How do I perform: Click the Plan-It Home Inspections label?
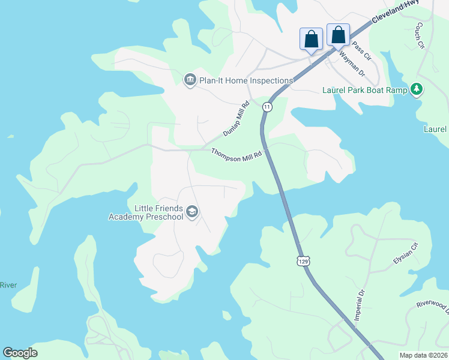(247, 80)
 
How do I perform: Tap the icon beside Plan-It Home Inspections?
(190, 80)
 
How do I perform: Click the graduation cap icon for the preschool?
(192, 211)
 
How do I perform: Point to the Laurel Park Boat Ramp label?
(365, 90)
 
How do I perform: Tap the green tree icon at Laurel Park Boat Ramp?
(417, 90)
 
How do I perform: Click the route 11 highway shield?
(267, 107)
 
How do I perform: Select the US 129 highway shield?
(304, 261)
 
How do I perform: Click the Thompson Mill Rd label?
(237, 154)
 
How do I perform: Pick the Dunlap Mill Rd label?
(235, 118)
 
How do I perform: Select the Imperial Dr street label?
(360, 305)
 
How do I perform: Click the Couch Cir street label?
(420, 35)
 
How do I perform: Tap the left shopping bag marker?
(311, 40)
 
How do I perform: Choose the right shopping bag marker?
(338, 35)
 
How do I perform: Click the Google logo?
(20, 353)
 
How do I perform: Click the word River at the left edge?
(8, 285)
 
